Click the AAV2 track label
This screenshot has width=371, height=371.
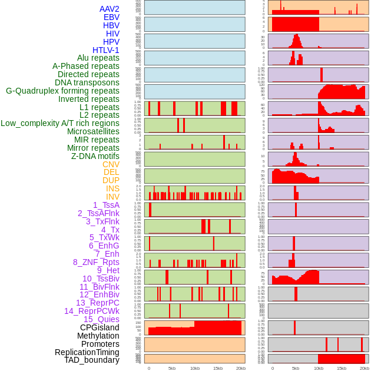(x=109, y=9)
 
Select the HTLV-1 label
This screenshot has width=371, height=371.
(x=105, y=50)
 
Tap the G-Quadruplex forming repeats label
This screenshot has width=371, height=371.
(x=62, y=91)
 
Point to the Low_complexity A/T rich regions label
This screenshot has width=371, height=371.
(x=60, y=123)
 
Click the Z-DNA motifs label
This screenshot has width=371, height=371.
(x=95, y=156)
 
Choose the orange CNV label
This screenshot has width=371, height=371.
(x=111, y=164)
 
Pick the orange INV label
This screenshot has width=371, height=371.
(x=112, y=197)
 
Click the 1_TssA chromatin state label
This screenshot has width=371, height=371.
(x=106, y=205)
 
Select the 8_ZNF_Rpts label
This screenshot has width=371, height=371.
(x=96, y=262)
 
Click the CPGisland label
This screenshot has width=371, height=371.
(x=100, y=327)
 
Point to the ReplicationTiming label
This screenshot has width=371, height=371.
(x=87, y=352)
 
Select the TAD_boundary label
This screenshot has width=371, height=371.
(x=92, y=360)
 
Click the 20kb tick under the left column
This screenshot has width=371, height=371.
(x=240, y=368)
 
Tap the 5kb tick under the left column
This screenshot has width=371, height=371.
(x=172, y=368)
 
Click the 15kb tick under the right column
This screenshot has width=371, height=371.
(x=342, y=368)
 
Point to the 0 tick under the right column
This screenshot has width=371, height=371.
(x=273, y=368)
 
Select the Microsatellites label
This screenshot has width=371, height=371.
(x=93, y=131)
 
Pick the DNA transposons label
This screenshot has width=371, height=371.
(x=87, y=82)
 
